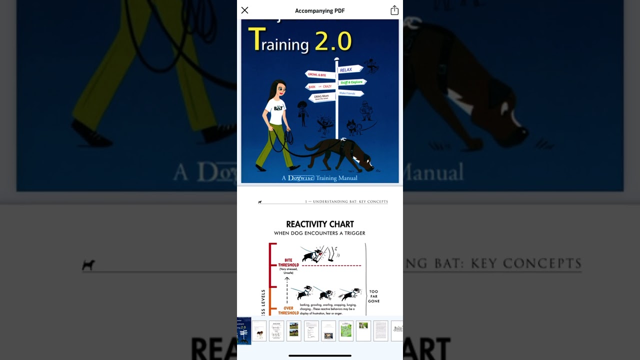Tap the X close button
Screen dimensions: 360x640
pos(244,10)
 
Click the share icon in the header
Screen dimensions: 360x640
pos(394,10)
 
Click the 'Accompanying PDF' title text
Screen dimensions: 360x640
pos(320,11)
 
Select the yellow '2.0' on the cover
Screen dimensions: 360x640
pos(333,41)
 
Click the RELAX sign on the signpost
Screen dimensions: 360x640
pos(349,69)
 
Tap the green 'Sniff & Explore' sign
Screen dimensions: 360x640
pos(352,82)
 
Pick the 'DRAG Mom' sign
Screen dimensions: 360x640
pos(321,97)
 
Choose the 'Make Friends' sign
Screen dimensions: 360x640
pos(350,93)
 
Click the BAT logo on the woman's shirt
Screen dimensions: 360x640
pos(278,107)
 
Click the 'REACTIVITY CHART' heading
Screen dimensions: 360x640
pos(320,224)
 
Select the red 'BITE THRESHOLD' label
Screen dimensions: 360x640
pos(288,262)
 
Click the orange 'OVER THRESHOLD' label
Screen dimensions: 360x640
pos(288,310)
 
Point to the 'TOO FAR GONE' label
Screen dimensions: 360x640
pos(374,296)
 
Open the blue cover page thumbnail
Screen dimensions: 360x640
pos(244,330)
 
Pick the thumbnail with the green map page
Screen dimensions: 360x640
pos(346,331)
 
